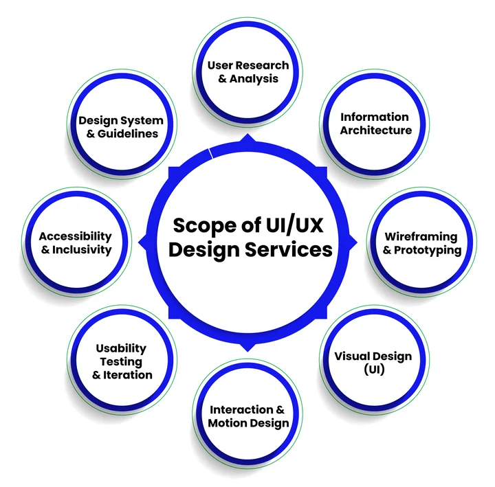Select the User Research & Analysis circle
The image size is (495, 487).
(248, 72)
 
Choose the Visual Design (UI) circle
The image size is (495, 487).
(373, 363)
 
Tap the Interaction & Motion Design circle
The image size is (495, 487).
(248, 416)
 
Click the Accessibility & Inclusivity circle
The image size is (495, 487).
(75, 243)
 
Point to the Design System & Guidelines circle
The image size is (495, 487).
(121, 127)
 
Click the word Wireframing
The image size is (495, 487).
(421, 237)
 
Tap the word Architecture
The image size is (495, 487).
(376, 131)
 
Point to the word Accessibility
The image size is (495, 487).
(75, 236)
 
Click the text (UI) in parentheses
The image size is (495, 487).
(373, 370)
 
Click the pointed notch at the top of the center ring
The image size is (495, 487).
(248, 139)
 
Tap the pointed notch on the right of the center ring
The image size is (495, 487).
(353, 241)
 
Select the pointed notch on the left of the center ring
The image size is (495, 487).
(143, 241)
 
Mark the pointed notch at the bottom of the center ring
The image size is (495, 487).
(248, 346)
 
